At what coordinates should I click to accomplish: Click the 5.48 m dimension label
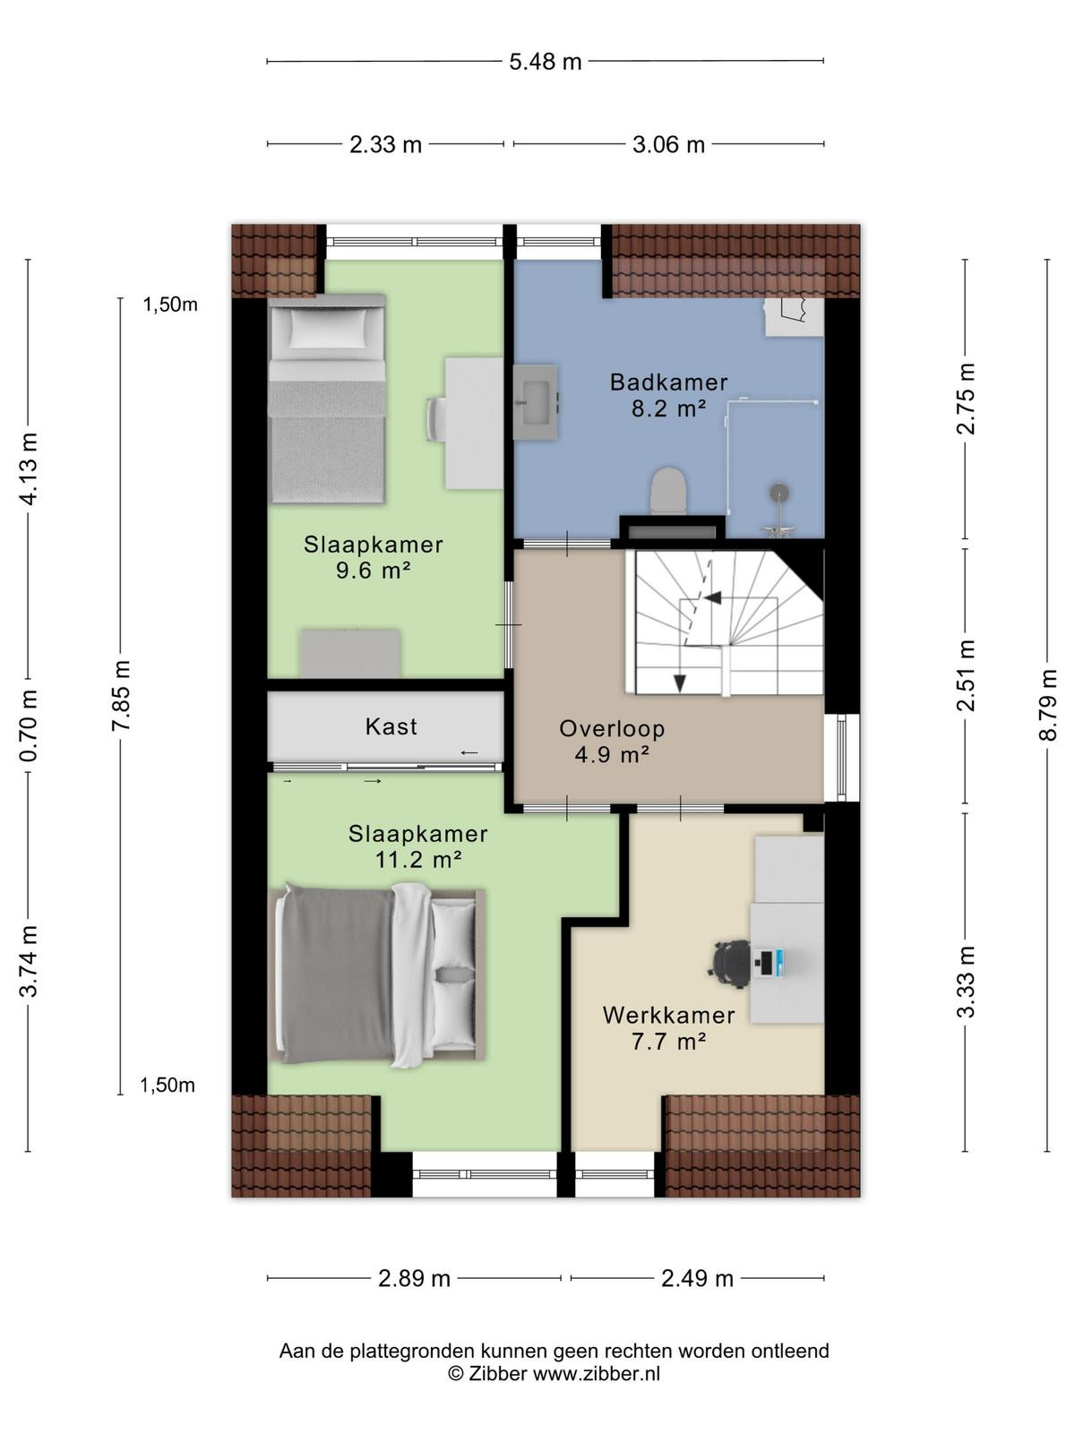pyautogui.click(x=545, y=62)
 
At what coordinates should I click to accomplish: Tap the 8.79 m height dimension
pyautogui.click(x=1047, y=705)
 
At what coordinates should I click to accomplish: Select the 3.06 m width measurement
pyautogui.click(x=668, y=144)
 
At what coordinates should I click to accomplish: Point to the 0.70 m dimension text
pyautogui.click(x=29, y=726)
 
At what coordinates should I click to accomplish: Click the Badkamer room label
pyautogui.click(x=668, y=382)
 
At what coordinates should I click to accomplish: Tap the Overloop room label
pyautogui.click(x=612, y=728)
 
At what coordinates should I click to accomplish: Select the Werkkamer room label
pyautogui.click(x=668, y=1015)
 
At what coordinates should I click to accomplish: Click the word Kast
pyautogui.click(x=391, y=726)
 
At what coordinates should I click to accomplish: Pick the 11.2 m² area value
pyautogui.click(x=418, y=860)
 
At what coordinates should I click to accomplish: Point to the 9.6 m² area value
pyautogui.click(x=373, y=571)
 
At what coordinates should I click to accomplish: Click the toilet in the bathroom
pyautogui.click(x=669, y=490)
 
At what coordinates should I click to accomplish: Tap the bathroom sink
pyautogui.click(x=535, y=402)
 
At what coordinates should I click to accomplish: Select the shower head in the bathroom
pyautogui.click(x=778, y=492)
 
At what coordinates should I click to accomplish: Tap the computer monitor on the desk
pyautogui.click(x=769, y=964)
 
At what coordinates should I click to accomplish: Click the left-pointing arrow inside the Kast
pyautogui.click(x=469, y=752)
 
